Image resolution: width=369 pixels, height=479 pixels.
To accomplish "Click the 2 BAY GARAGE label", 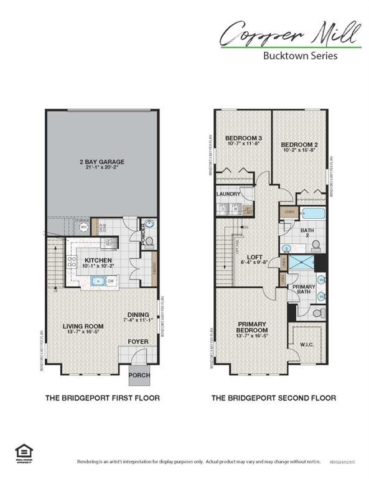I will pyautogui.click(x=101, y=162).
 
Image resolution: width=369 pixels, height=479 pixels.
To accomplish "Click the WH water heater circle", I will pyautogui.click(x=84, y=227).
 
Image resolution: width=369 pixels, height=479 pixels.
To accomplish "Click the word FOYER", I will pyautogui.click(x=138, y=341).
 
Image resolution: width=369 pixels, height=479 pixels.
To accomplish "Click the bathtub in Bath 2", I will pyautogui.click(x=310, y=213).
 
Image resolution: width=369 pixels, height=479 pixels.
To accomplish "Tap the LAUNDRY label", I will pyautogui.click(x=228, y=194).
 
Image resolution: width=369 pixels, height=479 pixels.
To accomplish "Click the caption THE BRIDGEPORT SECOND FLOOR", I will pyautogui.click(x=274, y=397).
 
